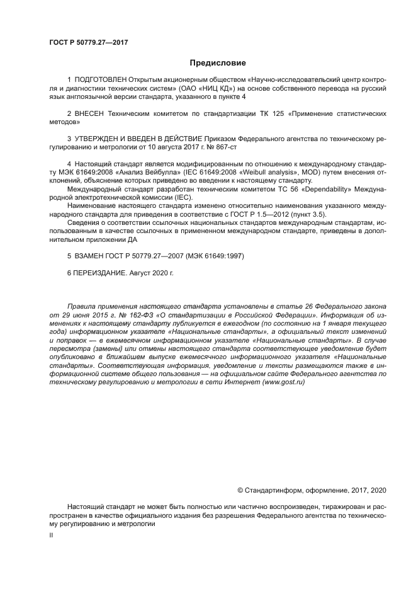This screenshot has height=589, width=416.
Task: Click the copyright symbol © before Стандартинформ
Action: (x=240, y=489)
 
